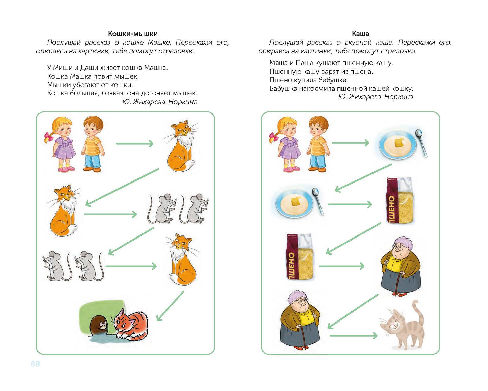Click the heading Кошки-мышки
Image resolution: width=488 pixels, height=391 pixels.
(133, 34)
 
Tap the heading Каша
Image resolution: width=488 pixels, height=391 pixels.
(360, 34)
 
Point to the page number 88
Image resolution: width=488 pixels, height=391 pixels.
(35, 364)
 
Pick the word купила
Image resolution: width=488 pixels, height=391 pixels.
(305, 80)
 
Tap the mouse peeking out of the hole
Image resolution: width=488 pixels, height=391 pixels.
(102, 325)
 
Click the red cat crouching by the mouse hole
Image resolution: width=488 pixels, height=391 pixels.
(131, 324)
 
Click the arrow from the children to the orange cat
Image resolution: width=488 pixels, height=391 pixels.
(134, 144)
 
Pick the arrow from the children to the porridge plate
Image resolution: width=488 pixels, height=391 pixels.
(351, 143)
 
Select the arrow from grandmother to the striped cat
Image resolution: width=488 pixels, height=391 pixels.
(353, 336)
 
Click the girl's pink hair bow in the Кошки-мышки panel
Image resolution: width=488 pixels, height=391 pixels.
(48, 137)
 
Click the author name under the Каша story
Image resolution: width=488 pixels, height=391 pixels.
(375, 97)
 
